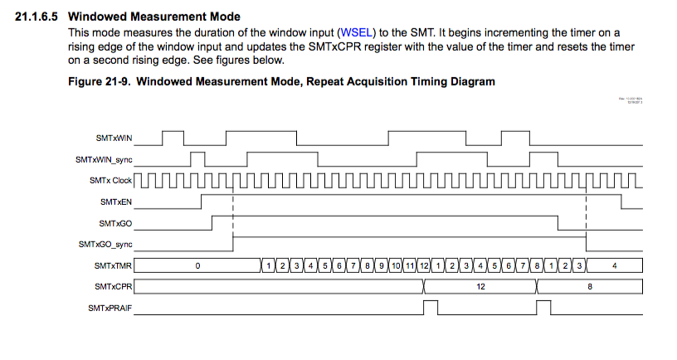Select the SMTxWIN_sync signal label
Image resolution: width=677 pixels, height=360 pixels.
[x=105, y=158]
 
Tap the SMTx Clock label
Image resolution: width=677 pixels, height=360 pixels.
[x=111, y=180]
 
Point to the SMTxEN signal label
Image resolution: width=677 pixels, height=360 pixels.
[x=116, y=202]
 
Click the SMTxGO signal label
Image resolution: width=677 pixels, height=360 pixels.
[x=116, y=223]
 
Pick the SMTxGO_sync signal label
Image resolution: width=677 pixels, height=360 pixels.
[x=106, y=245]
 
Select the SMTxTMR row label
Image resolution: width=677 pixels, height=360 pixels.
[x=114, y=266]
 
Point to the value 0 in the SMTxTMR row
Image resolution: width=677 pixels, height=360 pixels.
[x=198, y=266]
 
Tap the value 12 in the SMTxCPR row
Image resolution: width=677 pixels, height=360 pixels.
[x=480, y=287]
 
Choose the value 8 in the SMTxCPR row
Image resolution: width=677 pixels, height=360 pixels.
[x=589, y=287]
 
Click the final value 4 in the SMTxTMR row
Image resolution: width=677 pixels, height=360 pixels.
[x=614, y=266]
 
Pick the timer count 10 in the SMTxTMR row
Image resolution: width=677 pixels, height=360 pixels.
[x=396, y=266]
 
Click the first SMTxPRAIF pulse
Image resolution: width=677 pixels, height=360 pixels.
[x=430, y=307]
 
